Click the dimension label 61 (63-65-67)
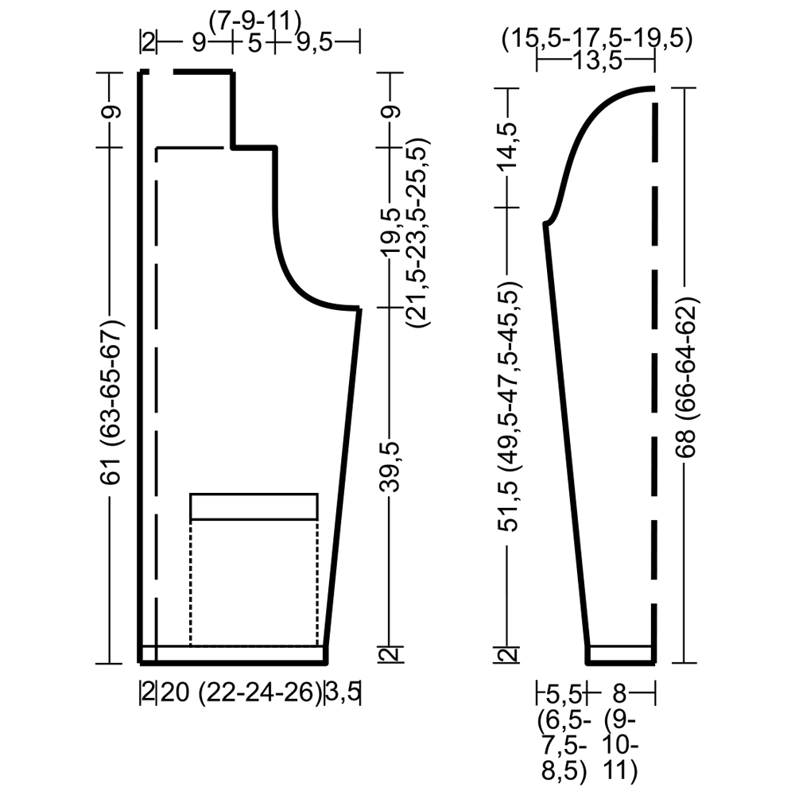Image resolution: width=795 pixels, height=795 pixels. [111, 402]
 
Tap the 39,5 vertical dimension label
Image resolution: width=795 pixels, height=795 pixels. [390, 467]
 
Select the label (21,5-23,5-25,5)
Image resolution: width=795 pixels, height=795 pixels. [420, 232]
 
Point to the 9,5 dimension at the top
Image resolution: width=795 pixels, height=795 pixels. [314, 43]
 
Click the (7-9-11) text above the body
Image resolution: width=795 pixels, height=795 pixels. [255, 21]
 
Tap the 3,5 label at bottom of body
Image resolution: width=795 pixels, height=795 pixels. [342, 692]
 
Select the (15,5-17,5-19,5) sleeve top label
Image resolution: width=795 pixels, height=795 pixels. [597, 40]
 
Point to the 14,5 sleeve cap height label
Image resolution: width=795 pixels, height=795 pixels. [510, 146]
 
